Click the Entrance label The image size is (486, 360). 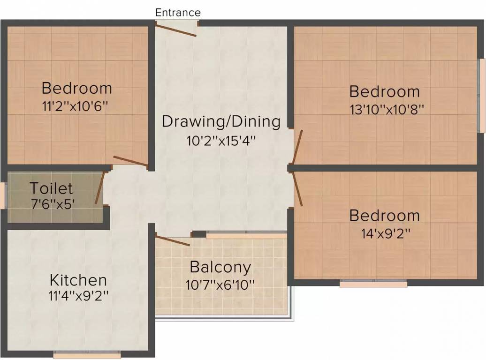178,12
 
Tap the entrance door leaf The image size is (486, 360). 176,30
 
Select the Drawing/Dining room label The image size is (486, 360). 221,122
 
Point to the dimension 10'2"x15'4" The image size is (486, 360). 221,141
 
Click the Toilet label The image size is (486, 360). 52,188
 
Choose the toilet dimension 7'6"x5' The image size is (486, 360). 53,204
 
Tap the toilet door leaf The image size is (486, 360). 99,188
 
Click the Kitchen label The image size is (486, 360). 78,280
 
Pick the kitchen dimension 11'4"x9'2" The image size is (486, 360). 78,296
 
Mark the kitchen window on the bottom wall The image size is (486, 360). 87,355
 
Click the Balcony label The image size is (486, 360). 220,267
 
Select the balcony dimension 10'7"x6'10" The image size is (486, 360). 220,285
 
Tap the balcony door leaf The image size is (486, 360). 172,241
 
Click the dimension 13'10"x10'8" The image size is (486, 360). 387,110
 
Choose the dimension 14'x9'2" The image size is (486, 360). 386,233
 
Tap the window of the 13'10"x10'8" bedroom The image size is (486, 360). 481,96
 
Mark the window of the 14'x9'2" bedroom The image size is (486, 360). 373,284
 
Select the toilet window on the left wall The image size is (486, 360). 3,195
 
